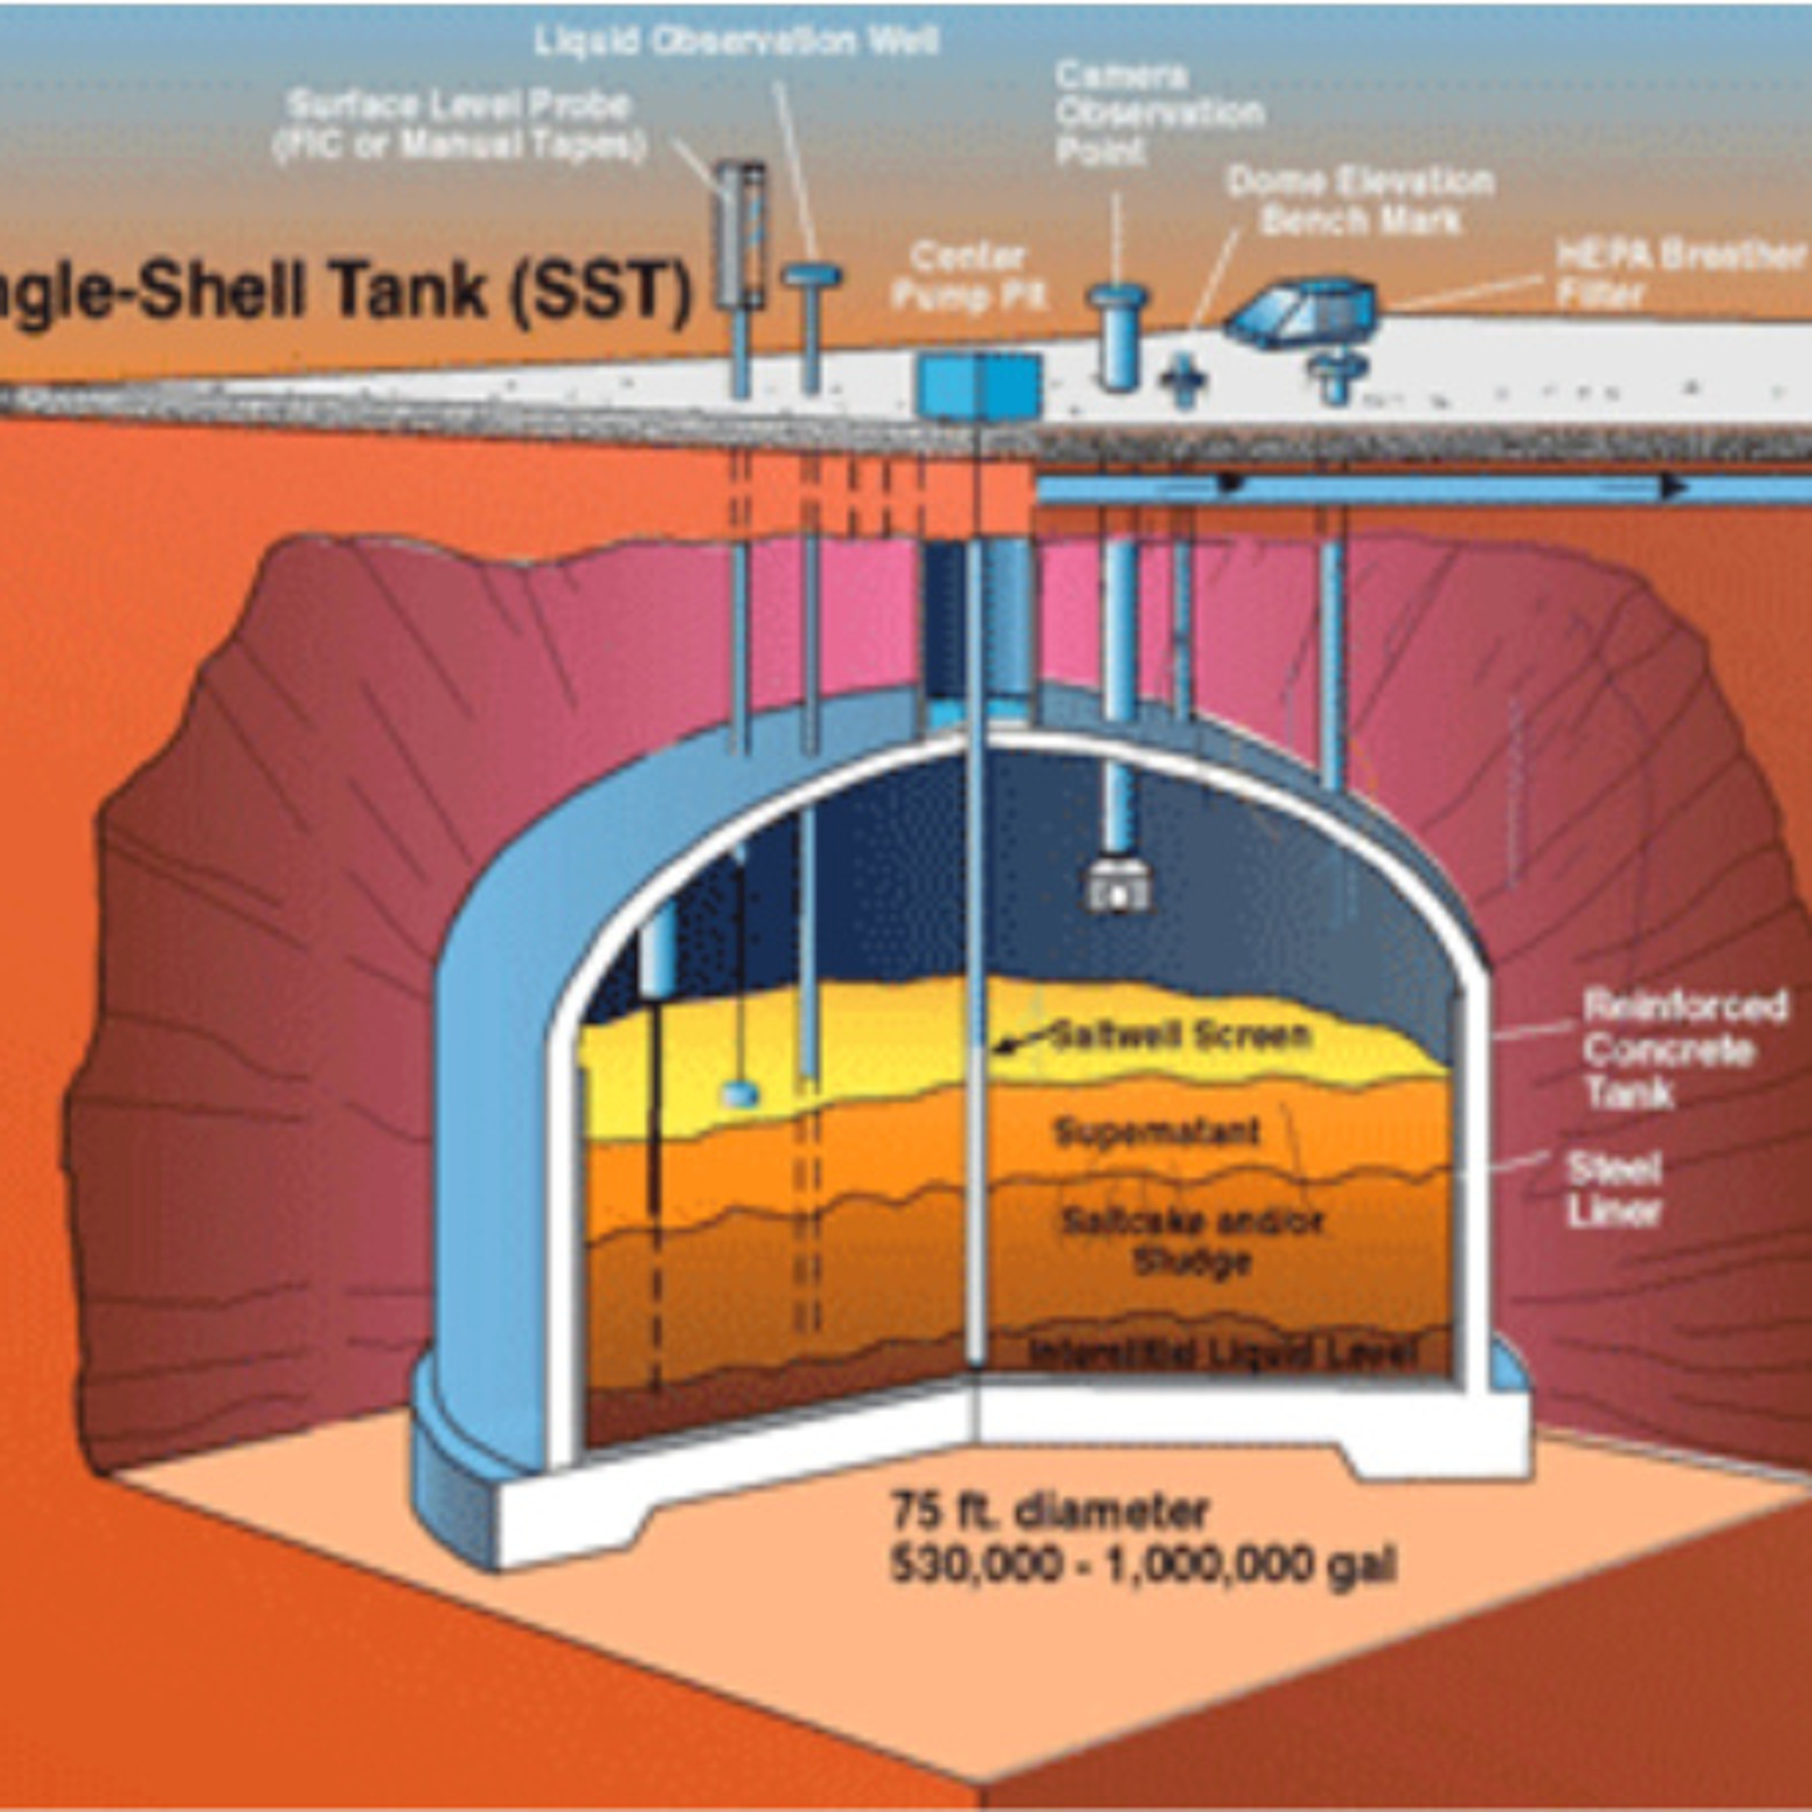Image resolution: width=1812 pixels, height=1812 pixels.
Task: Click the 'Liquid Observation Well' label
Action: [736, 41]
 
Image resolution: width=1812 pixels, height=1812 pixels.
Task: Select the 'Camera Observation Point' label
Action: [1159, 112]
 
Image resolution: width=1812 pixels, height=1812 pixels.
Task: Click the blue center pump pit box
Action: [978, 385]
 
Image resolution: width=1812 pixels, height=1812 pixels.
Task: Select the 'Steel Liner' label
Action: [1614, 1190]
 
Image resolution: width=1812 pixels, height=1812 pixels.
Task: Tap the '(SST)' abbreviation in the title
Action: [600, 292]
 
